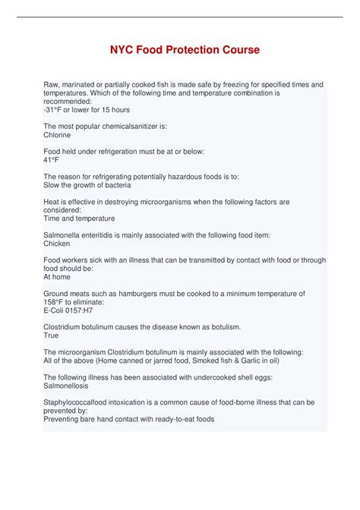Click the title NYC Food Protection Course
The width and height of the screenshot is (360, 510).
[179, 50]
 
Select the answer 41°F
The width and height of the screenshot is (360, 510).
[52, 159]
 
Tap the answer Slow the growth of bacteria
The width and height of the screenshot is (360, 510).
[87, 185]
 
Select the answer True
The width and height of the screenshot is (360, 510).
[51, 335]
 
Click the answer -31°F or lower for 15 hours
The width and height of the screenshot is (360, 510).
[87, 109]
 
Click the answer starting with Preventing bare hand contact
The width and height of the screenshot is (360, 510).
[129, 418]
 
